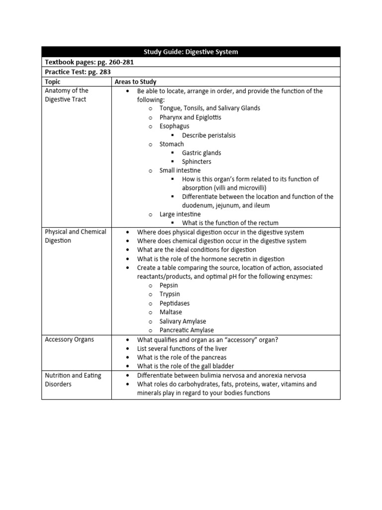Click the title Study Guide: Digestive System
click(191, 52)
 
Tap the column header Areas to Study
click(135, 82)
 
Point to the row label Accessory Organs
click(69, 339)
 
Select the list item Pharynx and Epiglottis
click(190, 117)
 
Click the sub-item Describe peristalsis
click(208, 135)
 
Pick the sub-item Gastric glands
click(201, 153)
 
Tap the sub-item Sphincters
click(196, 162)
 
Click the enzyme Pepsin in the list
click(169, 285)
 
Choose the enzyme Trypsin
click(170, 294)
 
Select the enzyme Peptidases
click(174, 303)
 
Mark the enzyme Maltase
click(171, 312)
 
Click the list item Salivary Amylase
click(183, 321)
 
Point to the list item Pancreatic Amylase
click(187, 330)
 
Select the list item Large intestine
click(180, 214)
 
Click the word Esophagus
click(174, 126)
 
